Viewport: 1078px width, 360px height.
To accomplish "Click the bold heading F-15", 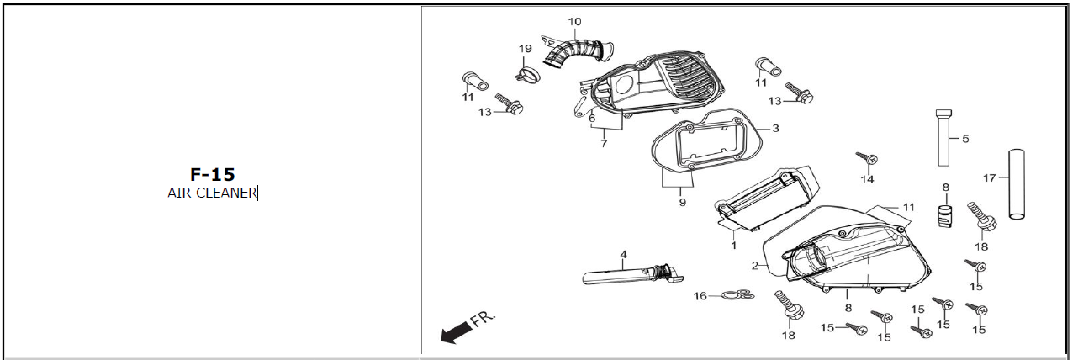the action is (x=212, y=174).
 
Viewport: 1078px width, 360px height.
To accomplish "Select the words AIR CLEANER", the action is (x=212, y=193).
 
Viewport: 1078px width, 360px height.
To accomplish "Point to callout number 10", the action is (x=574, y=22).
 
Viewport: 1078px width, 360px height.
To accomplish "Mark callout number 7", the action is (x=604, y=144).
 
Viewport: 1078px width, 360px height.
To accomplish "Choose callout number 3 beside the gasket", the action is (x=775, y=129).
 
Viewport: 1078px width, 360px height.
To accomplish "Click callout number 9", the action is (x=682, y=203).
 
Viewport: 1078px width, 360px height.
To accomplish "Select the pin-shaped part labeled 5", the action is (x=943, y=138).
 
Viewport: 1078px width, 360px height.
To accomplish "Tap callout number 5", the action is (x=965, y=139).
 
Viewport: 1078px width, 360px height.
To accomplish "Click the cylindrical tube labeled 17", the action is (x=1017, y=184).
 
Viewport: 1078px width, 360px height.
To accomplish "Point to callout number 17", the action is (x=989, y=178).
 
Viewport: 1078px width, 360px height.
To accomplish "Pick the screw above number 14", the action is (x=867, y=157).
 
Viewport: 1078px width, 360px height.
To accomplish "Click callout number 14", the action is (x=867, y=179).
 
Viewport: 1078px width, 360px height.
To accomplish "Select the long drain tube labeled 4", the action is (x=633, y=276).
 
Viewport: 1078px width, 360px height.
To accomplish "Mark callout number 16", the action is (x=700, y=296).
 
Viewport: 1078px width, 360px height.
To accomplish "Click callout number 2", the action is (x=755, y=265).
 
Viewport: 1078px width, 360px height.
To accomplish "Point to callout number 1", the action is (x=733, y=246).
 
